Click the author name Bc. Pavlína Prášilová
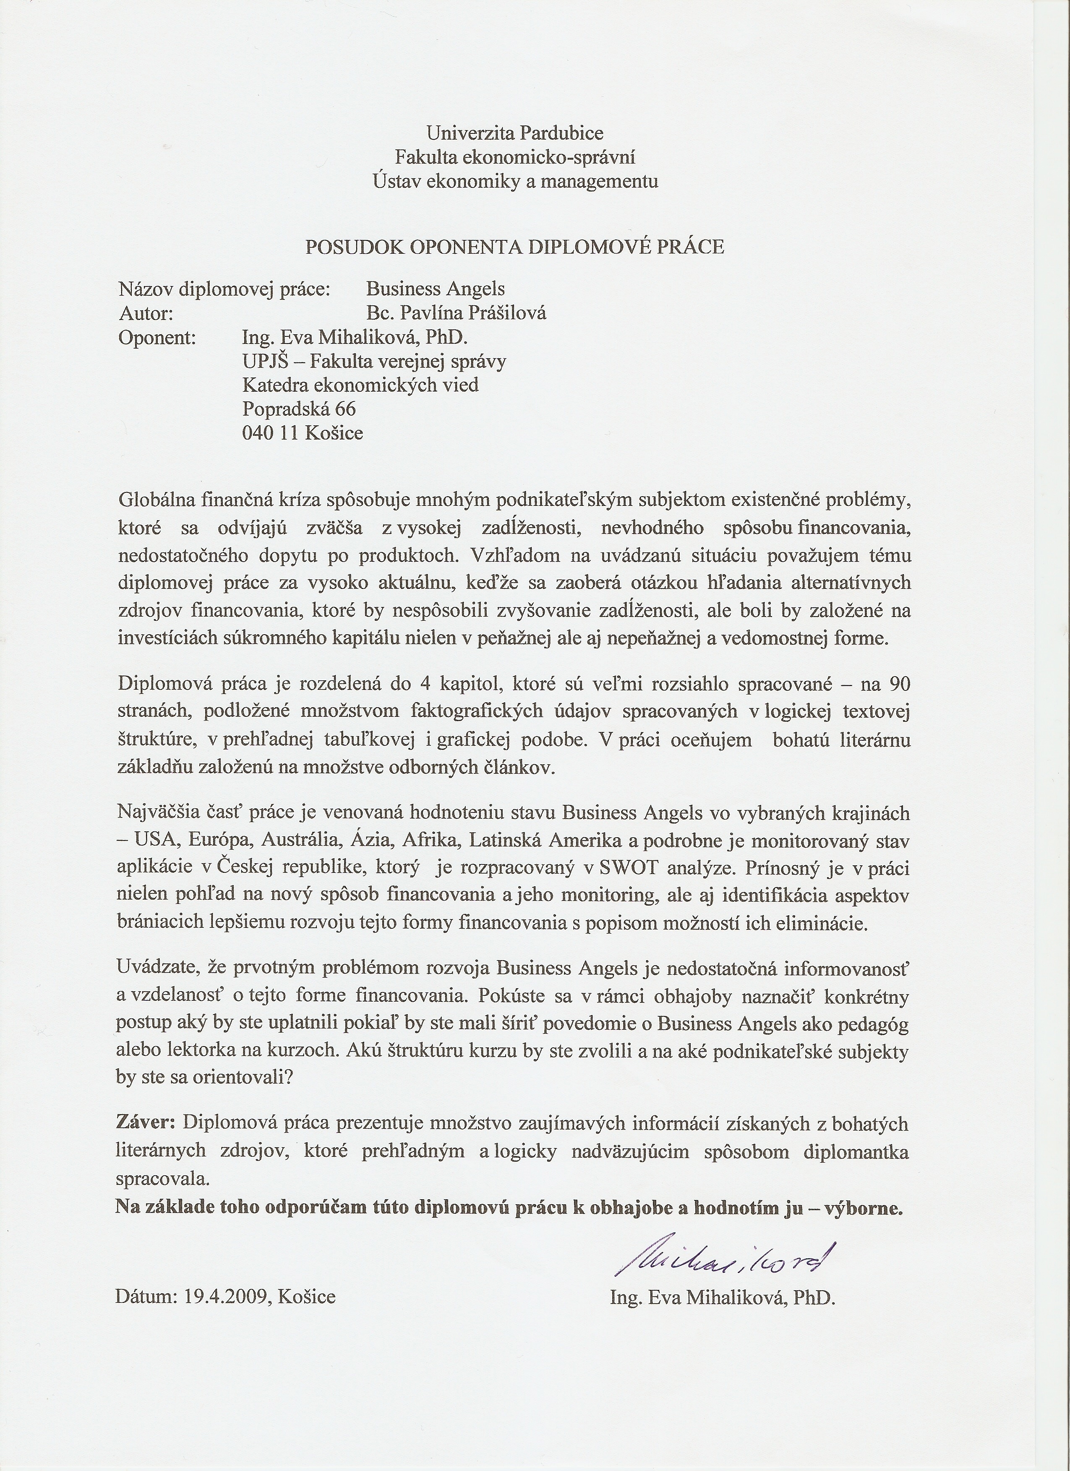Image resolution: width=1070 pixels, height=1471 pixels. click(x=456, y=313)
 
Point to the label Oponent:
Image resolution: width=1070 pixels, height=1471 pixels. click(x=157, y=337)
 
